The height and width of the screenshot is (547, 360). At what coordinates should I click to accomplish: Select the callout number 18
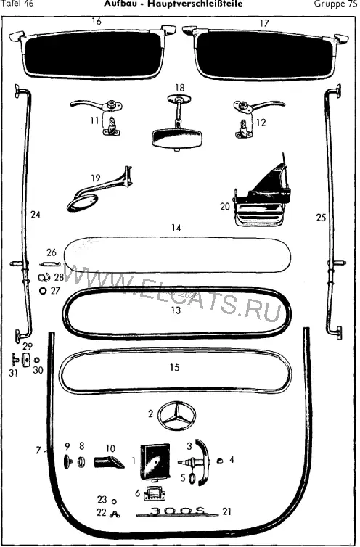click(x=179, y=88)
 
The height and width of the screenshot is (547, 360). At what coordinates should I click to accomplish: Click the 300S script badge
click(x=177, y=511)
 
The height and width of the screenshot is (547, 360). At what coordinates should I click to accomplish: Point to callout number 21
click(x=227, y=511)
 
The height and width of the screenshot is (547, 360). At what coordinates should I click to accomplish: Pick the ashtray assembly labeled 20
click(x=261, y=195)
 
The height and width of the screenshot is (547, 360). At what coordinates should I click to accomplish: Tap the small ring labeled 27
click(x=44, y=291)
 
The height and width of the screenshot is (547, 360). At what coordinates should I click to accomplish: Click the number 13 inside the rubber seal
click(x=176, y=310)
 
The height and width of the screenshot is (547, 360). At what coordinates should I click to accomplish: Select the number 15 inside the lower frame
click(x=175, y=367)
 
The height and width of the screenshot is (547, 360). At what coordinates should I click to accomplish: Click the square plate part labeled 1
click(x=155, y=461)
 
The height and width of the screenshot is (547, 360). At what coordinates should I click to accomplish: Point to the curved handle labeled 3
click(x=203, y=461)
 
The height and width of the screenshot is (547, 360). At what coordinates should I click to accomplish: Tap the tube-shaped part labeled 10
click(x=108, y=462)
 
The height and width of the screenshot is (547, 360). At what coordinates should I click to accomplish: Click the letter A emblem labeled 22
click(x=114, y=514)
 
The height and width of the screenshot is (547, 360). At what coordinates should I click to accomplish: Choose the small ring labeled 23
click(x=113, y=501)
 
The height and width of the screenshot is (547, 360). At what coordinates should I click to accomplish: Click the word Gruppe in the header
click(x=327, y=4)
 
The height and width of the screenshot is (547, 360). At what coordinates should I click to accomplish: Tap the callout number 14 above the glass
click(x=176, y=228)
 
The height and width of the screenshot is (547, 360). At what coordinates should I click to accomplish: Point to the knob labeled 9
click(x=67, y=462)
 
